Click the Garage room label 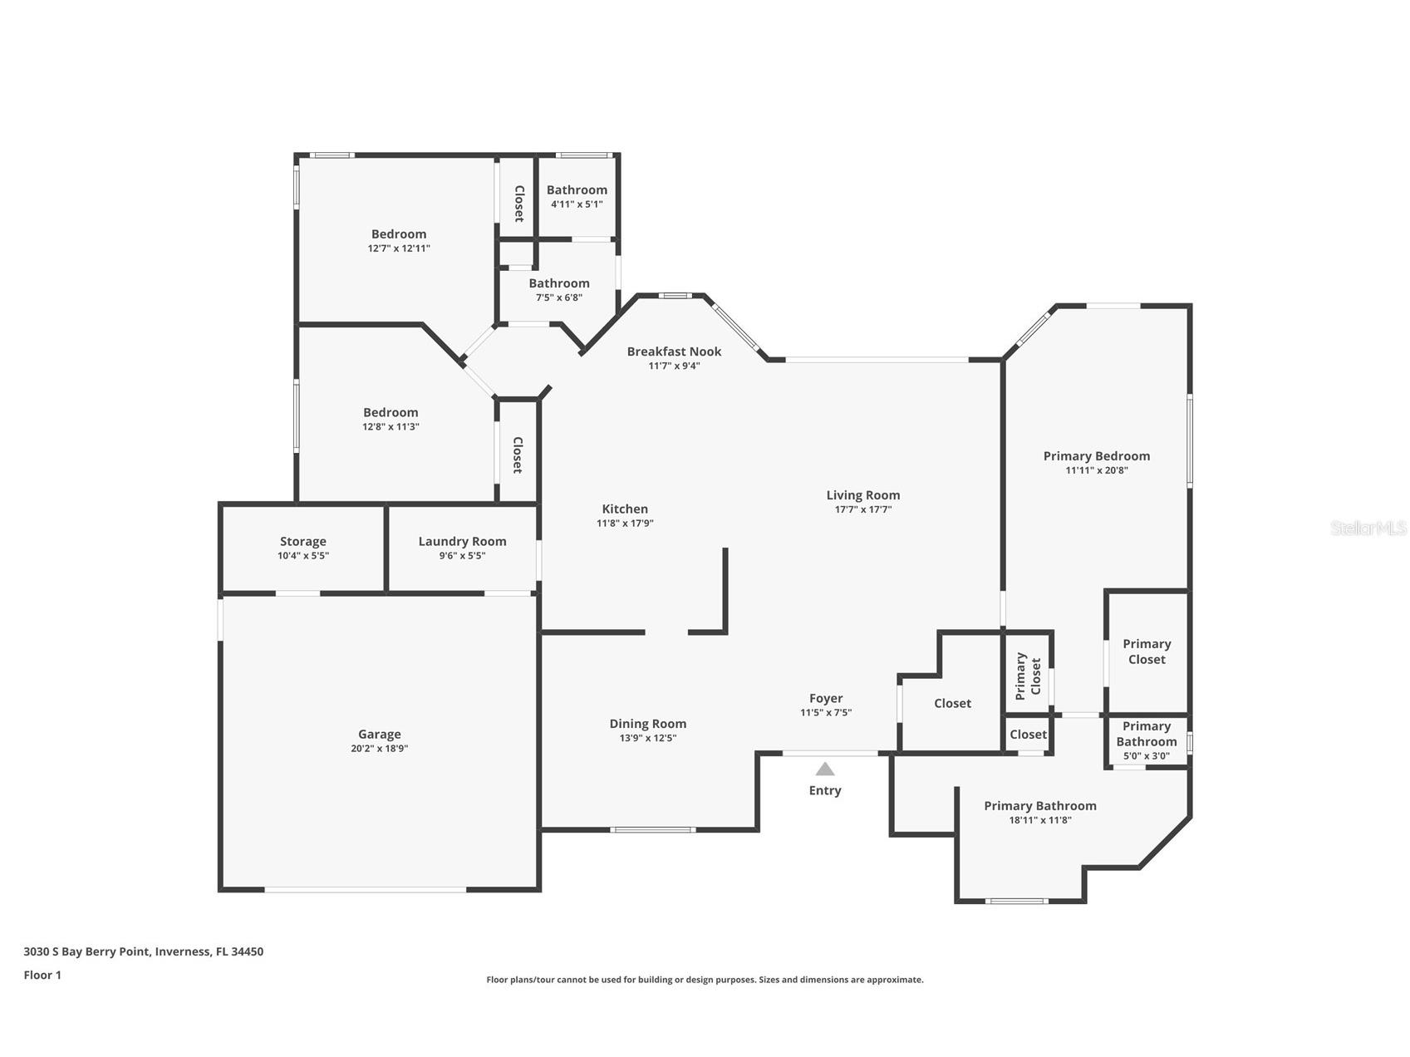[379, 734]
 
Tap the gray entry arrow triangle [824, 769]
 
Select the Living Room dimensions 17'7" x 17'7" [862, 509]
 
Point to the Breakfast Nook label [674, 352]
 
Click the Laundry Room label [462, 541]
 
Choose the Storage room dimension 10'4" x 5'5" [302, 555]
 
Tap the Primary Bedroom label [1096, 455]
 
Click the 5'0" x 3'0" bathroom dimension [1146, 756]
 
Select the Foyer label [826, 698]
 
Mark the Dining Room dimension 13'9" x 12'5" [647, 738]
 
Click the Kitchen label [625, 509]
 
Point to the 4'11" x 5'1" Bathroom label [577, 189]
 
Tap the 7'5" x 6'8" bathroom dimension [558, 297]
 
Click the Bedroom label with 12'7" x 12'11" [399, 234]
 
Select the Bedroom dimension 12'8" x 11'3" [391, 426]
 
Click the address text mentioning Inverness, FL [143, 951]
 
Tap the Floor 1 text [42, 975]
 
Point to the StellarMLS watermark [1368, 528]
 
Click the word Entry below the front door [824, 790]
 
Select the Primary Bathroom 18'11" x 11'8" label [1039, 805]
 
